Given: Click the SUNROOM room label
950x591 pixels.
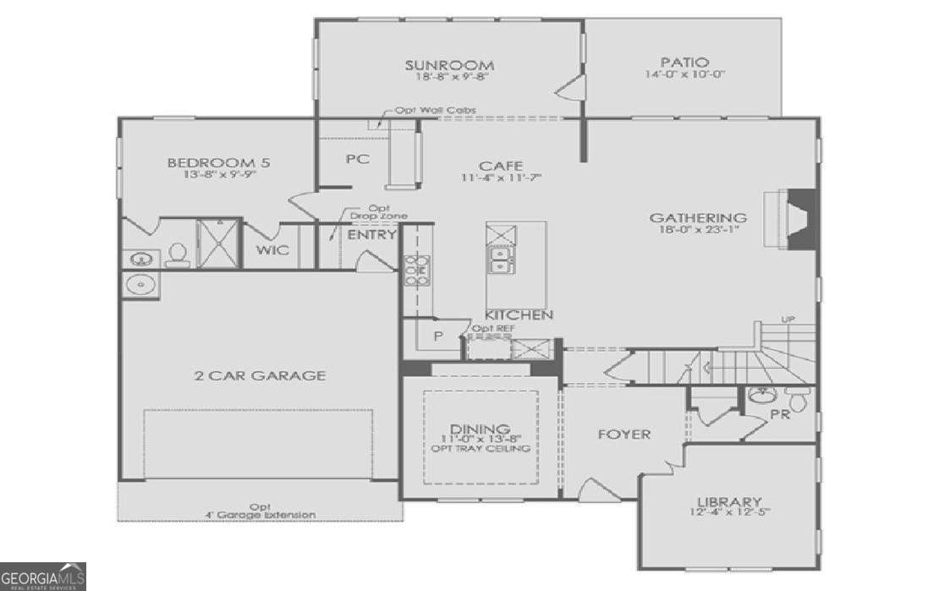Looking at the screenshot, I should point(448,65).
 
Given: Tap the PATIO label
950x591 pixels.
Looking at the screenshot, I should point(684,63).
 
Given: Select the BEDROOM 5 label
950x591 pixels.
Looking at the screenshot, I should point(218,163).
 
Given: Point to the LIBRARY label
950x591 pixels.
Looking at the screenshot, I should point(729,501).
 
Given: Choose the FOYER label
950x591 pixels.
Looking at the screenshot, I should point(624,435).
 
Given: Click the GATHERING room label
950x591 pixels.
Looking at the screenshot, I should point(698,217).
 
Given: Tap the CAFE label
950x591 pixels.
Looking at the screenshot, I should point(501,166).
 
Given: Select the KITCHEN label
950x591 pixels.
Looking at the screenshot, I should point(519,315).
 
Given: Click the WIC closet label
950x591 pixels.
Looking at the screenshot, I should point(272,250).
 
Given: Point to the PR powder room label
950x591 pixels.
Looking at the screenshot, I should point(780,414).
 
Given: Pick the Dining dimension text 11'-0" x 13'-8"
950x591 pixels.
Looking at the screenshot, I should point(480,439).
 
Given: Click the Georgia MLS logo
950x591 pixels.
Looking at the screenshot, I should point(42,577).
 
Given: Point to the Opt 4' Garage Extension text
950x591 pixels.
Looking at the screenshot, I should point(261,510).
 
